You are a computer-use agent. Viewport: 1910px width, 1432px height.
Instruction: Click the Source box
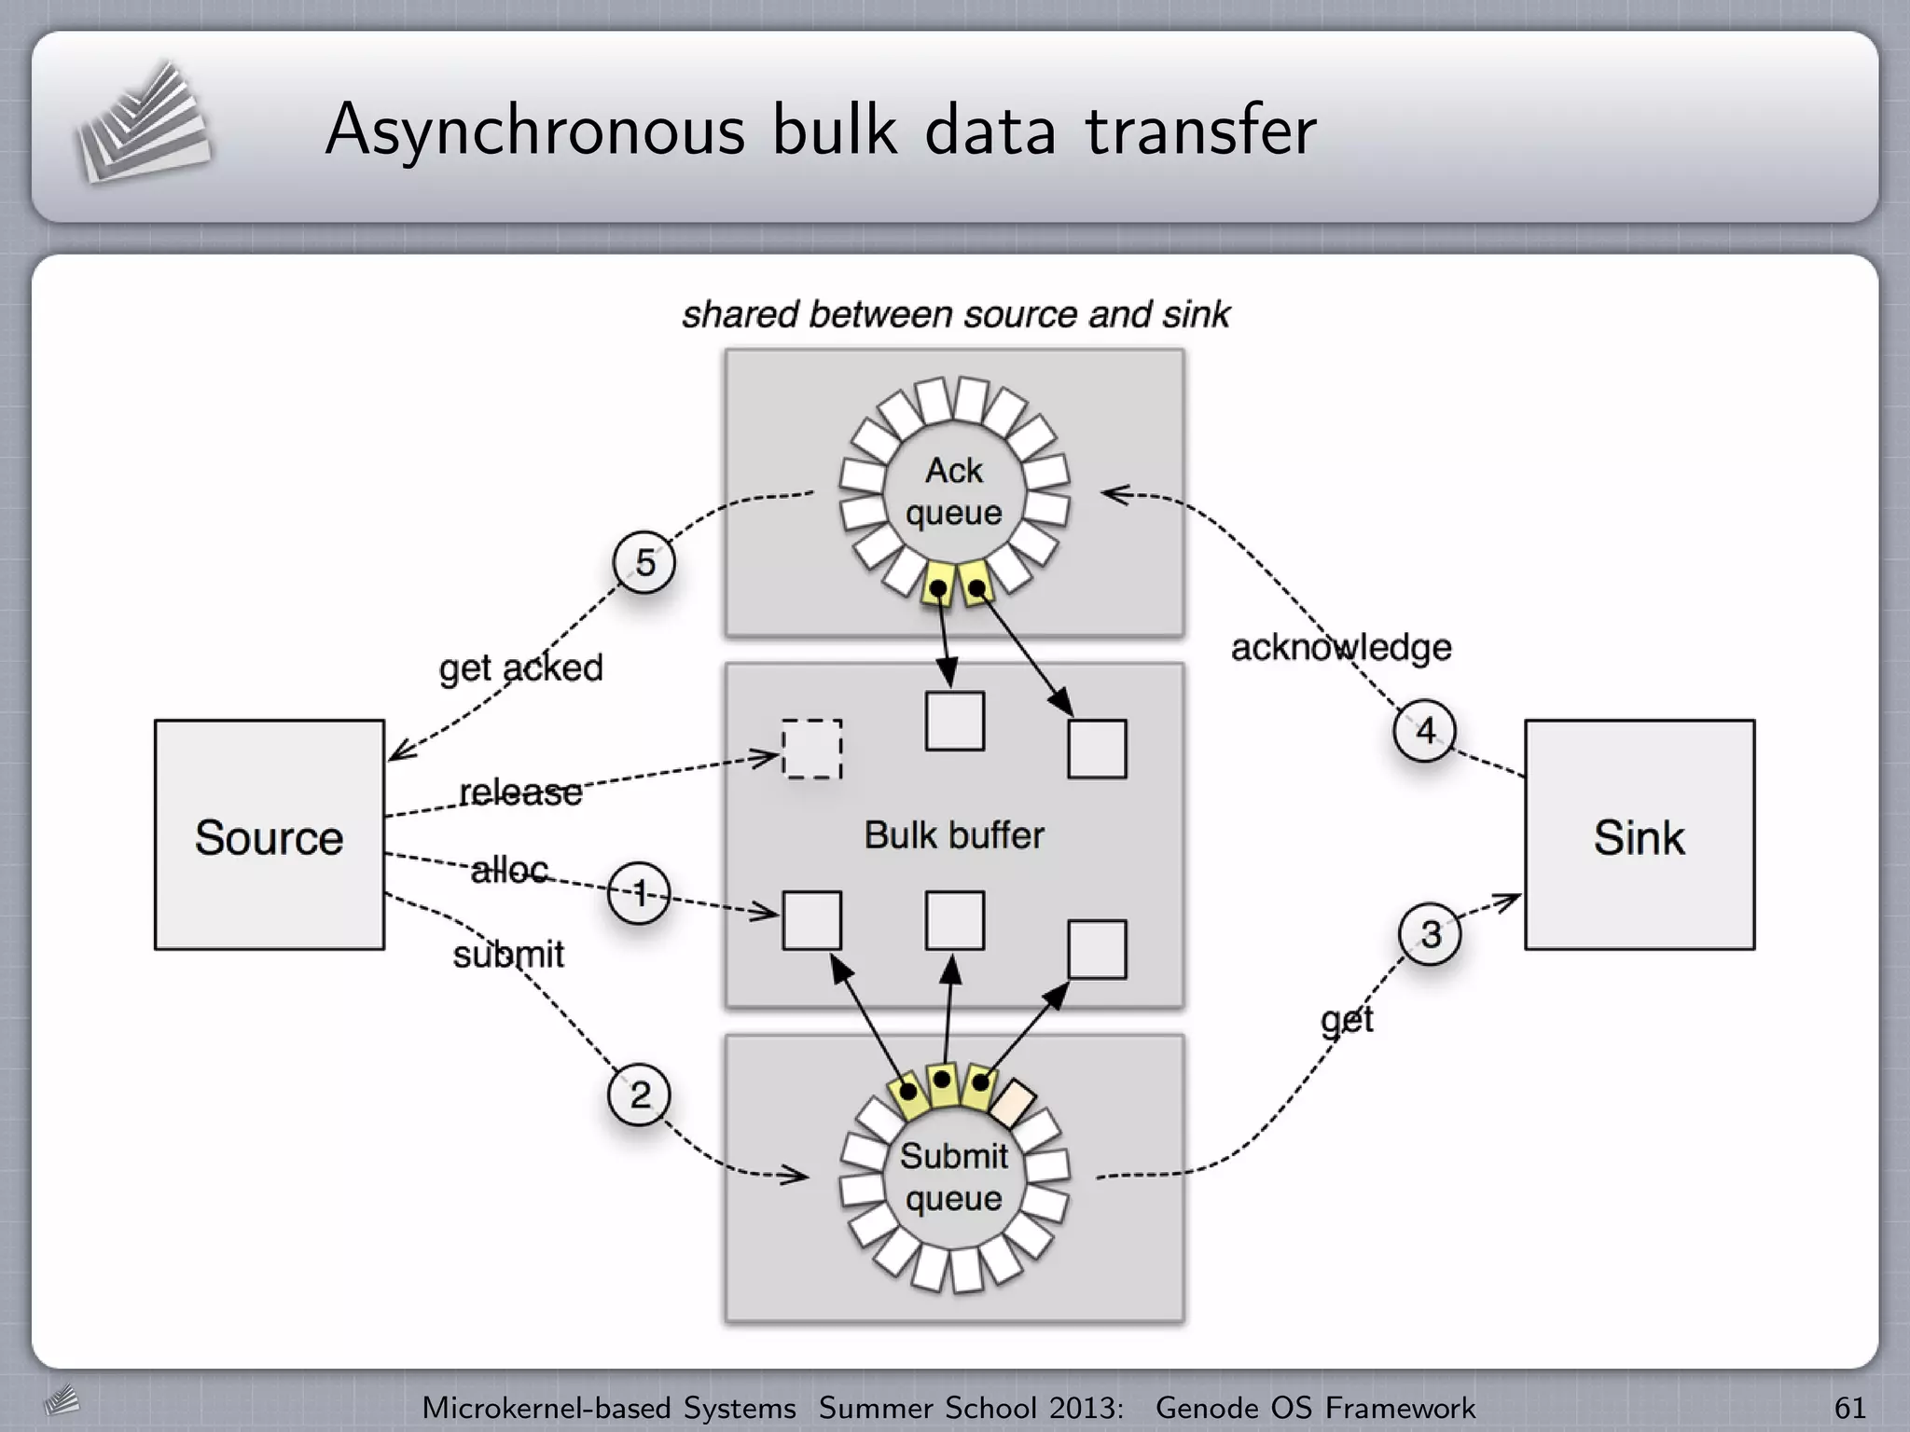(269, 834)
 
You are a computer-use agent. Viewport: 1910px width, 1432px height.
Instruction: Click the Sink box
(1639, 834)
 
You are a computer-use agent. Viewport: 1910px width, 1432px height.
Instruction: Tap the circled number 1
(639, 894)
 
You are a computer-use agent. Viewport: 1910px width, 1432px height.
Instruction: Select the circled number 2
(639, 1094)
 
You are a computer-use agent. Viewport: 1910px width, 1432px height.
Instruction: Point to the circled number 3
(1430, 934)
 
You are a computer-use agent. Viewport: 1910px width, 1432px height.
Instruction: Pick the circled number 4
(1425, 730)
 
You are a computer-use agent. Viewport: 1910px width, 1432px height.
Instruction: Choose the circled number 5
(644, 562)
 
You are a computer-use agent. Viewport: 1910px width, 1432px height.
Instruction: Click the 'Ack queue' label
(953, 491)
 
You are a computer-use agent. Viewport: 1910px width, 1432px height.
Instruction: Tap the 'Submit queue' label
(953, 1177)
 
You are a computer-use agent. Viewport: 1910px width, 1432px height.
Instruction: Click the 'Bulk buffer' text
(953, 834)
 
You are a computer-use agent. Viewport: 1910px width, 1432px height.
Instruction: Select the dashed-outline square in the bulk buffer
(811, 749)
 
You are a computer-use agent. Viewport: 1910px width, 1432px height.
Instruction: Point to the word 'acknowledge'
(1340, 647)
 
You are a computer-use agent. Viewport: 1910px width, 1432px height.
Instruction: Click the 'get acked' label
(520, 668)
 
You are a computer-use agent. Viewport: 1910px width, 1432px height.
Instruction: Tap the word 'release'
(520, 792)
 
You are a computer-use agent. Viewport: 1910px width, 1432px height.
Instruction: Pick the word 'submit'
(508, 955)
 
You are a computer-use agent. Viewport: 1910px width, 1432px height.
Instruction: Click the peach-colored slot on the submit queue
(1013, 1102)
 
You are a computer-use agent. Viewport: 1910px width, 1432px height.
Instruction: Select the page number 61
(1849, 1407)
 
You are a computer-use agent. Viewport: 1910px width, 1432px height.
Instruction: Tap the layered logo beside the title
(142, 124)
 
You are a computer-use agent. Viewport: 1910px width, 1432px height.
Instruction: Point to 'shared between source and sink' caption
(955, 314)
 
